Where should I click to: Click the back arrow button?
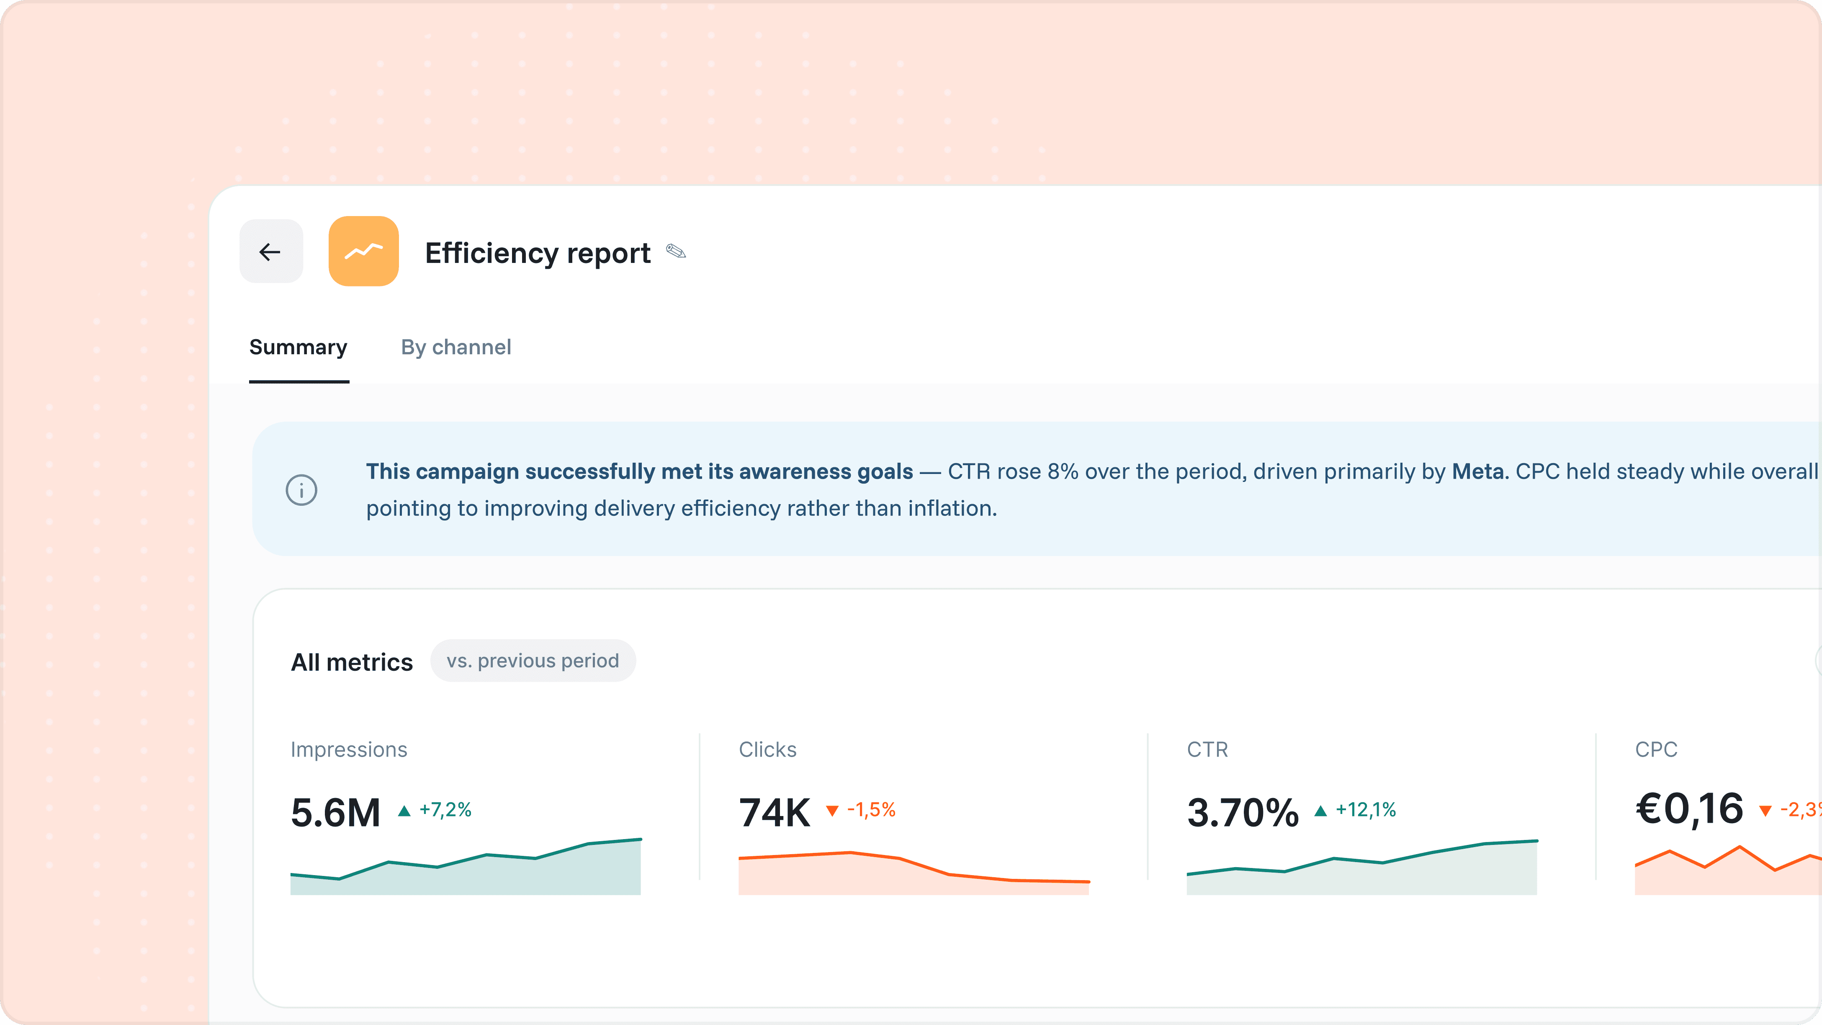pos(271,251)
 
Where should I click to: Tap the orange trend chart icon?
pos(363,251)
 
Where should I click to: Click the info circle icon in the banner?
pos(301,489)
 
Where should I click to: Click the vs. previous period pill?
pos(533,661)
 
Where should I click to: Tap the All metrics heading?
pos(352,662)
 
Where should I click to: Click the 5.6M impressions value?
pos(336,812)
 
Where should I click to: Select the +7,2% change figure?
pos(445,809)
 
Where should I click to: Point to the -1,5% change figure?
pos(871,809)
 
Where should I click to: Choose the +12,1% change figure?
pos(1366,809)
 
